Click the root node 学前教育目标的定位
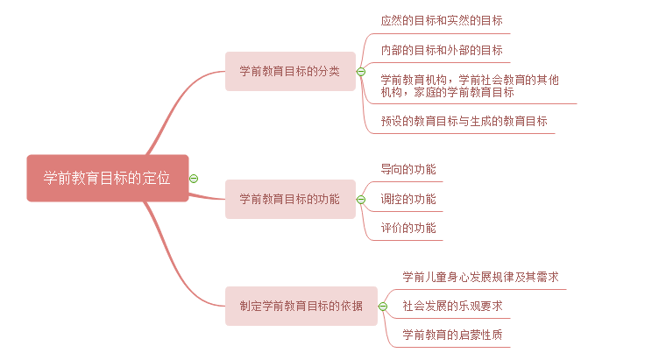point(107,178)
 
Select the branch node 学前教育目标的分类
point(290,71)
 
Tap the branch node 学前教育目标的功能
point(290,199)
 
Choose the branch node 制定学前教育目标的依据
point(301,306)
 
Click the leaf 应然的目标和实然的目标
point(442,20)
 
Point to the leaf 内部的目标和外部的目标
point(442,50)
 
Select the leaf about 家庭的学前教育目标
point(470,86)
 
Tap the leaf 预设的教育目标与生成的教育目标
point(464,121)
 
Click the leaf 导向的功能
point(407,169)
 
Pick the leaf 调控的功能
point(407,199)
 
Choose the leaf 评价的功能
point(407,229)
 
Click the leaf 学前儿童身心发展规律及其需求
point(480,277)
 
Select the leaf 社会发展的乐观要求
point(452,306)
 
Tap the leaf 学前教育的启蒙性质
point(452,335)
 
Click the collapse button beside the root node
point(194,178)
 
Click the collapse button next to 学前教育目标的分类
point(360,71)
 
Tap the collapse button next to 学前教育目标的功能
point(360,200)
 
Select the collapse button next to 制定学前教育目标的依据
point(382,306)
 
